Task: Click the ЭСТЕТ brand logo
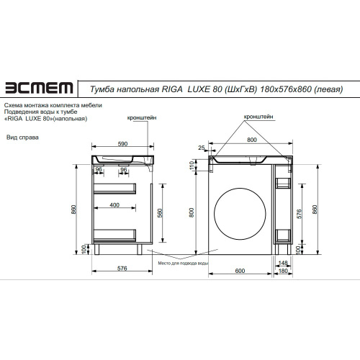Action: tap(39, 88)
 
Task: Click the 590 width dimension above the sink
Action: tap(122, 144)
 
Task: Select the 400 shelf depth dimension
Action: tap(114, 205)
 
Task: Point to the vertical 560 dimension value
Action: tap(160, 213)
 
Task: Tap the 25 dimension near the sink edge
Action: tap(202, 148)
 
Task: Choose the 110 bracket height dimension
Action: tap(192, 165)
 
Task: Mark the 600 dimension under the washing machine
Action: tap(240, 271)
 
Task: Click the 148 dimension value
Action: tap(283, 263)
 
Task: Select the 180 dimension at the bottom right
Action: tap(283, 271)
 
